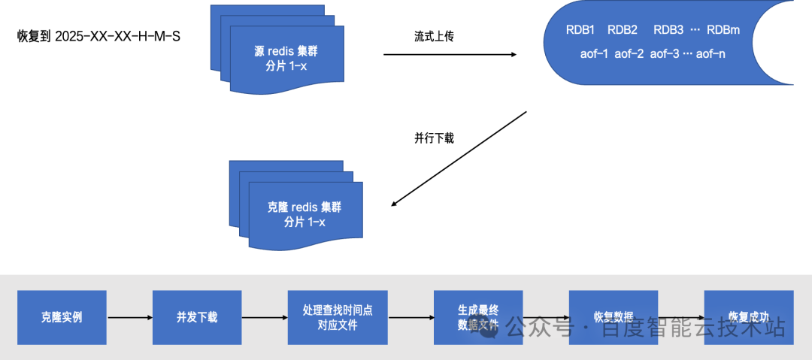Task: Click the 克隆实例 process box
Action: pyautogui.click(x=62, y=317)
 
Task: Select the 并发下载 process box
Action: pyautogui.click(x=196, y=317)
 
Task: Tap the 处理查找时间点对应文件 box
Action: pyautogui.click(x=338, y=317)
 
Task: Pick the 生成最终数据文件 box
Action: pyautogui.click(x=478, y=317)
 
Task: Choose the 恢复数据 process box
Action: pyautogui.click(x=614, y=317)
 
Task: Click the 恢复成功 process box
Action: pyautogui.click(x=748, y=317)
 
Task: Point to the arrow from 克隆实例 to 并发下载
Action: pyautogui.click(x=129, y=318)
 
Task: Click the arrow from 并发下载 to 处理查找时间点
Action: pyautogui.click(x=264, y=318)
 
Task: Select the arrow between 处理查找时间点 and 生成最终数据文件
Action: pyautogui.click(x=411, y=318)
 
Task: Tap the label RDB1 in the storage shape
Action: pyautogui.click(x=580, y=30)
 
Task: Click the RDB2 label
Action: pyautogui.click(x=623, y=30)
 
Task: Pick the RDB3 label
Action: pyautogui.click(x=668, y=30)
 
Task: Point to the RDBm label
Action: pyautogui.click(x=723, y=30)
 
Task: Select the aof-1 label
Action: pyautogui.click(x=595, y=54)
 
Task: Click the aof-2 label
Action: pyautogui.click(x=629, y=54)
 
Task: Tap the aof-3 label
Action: pyautogui.click(x=665, y=54)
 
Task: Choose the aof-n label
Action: pyautogui.click(x=711, y=54)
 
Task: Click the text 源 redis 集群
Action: pyautogui.click(x=288, y=52)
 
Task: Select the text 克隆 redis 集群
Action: pyautogui.click(x=304, y=207)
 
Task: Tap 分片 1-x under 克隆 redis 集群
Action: pyautogui.click(x=304, y=222)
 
